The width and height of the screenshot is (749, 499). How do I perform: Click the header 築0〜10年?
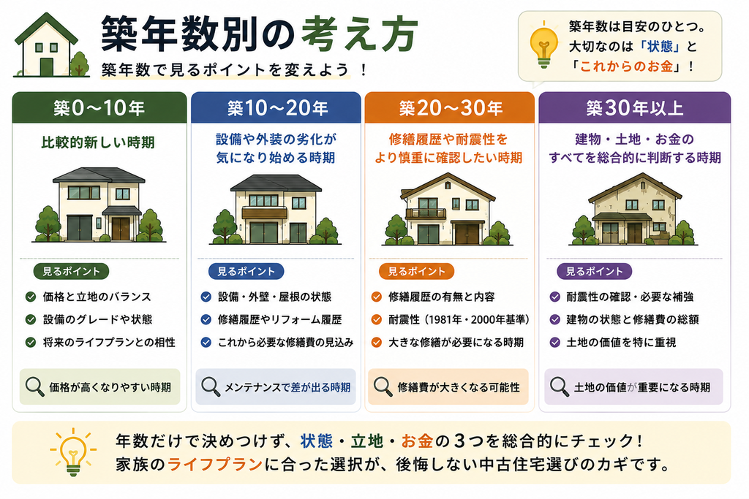point(99,108)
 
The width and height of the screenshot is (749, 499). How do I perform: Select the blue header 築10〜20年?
point(276,108)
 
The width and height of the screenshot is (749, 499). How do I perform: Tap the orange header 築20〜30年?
point(450,108)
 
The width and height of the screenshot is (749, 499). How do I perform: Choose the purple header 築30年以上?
point(634,108)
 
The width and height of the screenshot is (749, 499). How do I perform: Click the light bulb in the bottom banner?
point(72,452)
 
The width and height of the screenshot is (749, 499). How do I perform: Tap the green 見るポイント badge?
point(71,272)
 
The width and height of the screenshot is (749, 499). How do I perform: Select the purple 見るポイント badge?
point(594,272)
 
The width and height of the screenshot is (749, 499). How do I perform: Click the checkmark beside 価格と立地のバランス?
point(31,297)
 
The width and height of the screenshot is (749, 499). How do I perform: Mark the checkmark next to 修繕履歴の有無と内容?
point(377,297)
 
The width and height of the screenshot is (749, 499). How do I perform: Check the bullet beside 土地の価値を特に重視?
point(554,342)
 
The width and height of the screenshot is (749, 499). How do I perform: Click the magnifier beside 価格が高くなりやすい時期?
point(34,386)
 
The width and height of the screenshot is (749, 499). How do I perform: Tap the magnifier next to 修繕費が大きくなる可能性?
point(383,386)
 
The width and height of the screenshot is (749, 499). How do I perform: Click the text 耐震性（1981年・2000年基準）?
point(459,319)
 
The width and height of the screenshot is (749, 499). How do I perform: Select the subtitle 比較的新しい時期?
point(98,142)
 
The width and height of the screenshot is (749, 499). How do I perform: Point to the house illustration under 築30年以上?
point(633,210)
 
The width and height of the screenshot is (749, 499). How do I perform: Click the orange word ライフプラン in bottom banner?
point(215,464)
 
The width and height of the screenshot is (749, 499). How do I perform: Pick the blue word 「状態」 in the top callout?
point(660,46)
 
